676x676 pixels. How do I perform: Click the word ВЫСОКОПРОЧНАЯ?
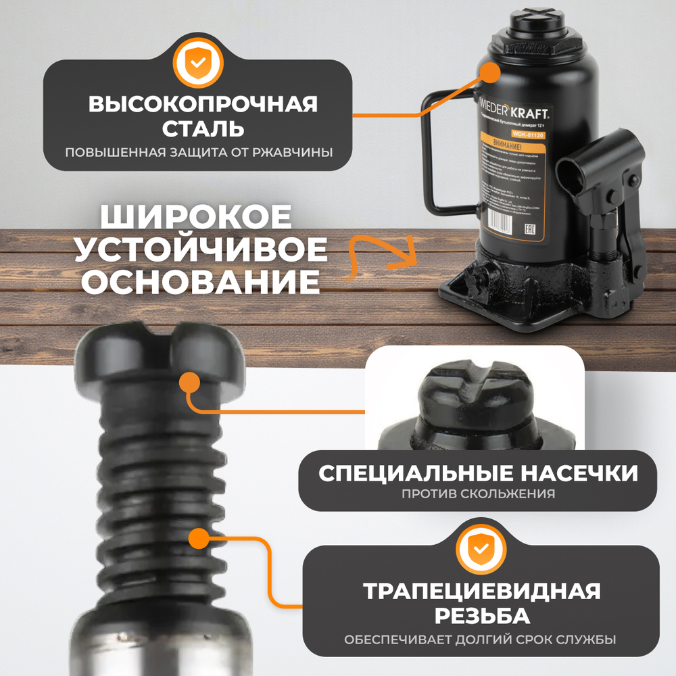coord(203,105)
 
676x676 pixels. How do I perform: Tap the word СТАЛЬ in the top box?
coord(203,128)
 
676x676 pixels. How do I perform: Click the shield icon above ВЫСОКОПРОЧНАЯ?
coord(197,62)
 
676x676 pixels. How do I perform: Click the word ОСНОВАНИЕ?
coord(200,282)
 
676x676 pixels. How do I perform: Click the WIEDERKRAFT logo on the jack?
coord(515,110)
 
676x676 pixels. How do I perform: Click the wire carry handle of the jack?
coord(433,155)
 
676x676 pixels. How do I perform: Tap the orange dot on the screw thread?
coord(198,539)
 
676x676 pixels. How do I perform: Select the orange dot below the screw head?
coord(191,383)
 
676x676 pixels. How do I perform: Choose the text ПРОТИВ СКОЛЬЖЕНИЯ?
coord(478,493)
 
